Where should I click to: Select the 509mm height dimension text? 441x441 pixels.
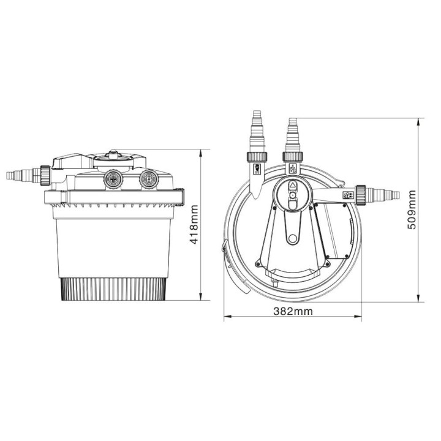click(x=412, y=210)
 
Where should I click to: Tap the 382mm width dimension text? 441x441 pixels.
click(x=292, y=311)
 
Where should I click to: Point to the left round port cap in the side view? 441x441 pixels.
click(x=112, y=178)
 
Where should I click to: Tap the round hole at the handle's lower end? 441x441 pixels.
click(x=292, y=236)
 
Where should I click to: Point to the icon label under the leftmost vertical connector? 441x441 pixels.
click(x=257, y=168)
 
